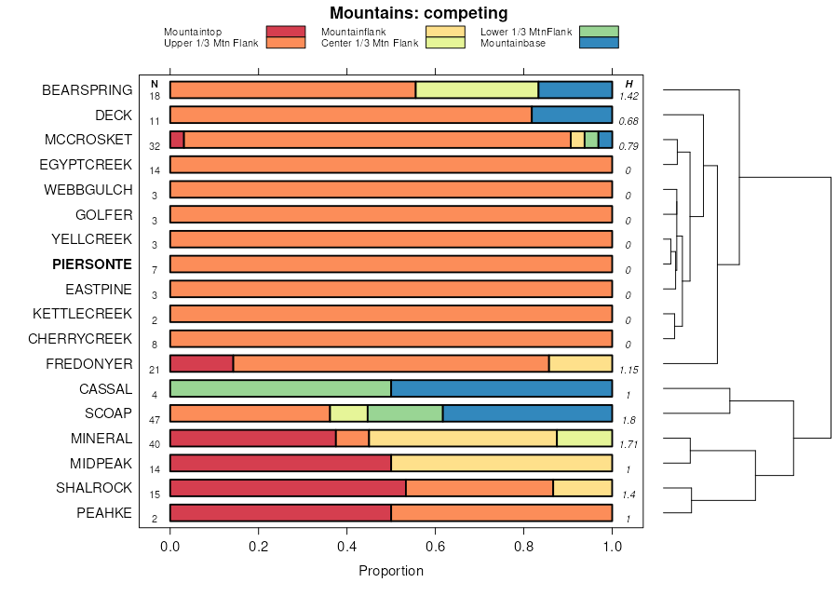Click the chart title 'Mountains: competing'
(x=419, y=13)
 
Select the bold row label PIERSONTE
(x=92, y=264)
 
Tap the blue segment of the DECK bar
(x=572, y=115)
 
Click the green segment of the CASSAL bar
(x=280, y=388)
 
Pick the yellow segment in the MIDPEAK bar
(x=501, y=463)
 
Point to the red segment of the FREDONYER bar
(x=201, y=363)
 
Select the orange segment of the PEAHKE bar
(x=501, y=513)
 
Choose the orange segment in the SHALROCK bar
(x=480, y=488)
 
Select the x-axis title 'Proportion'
(x=391, y=571)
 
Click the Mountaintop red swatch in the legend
(x=285, y=33)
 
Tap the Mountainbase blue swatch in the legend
(x=598, y=43)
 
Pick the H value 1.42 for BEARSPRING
(x=628, y=96)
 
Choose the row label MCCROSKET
(x=88, y=140)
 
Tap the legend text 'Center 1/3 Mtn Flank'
(x=370, y=43)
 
